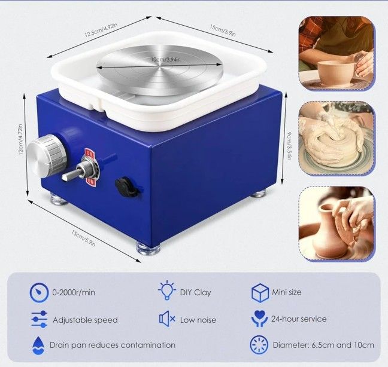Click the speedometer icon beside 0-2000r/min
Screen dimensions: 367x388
(39, 292)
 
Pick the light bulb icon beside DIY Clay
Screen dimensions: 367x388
(166, 291)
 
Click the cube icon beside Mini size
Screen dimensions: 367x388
(259, 292)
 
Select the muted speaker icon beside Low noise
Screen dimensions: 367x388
(166, 319)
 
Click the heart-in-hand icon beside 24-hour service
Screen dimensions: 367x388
(259, 319)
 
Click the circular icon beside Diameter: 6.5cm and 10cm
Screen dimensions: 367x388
(259, 345)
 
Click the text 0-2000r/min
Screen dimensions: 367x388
(74, 293)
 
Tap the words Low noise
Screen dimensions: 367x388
(198, 320)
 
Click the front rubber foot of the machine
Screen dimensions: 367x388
(148, 247)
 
